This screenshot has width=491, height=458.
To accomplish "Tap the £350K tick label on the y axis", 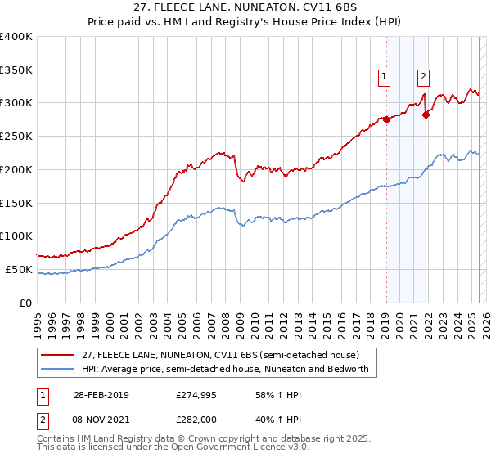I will [16, 70].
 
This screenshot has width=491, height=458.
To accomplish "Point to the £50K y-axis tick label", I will [20, 269].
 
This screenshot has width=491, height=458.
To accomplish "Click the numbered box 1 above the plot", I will [384, 77].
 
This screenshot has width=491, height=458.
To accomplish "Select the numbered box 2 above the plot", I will [424, 77].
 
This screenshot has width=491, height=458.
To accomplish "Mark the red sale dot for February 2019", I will [385, 119].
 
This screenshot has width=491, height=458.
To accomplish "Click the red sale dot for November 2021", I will [426, 115].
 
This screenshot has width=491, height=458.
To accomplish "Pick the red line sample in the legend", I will [59, 355].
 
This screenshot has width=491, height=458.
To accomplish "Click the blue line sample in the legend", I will [59, 369].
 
